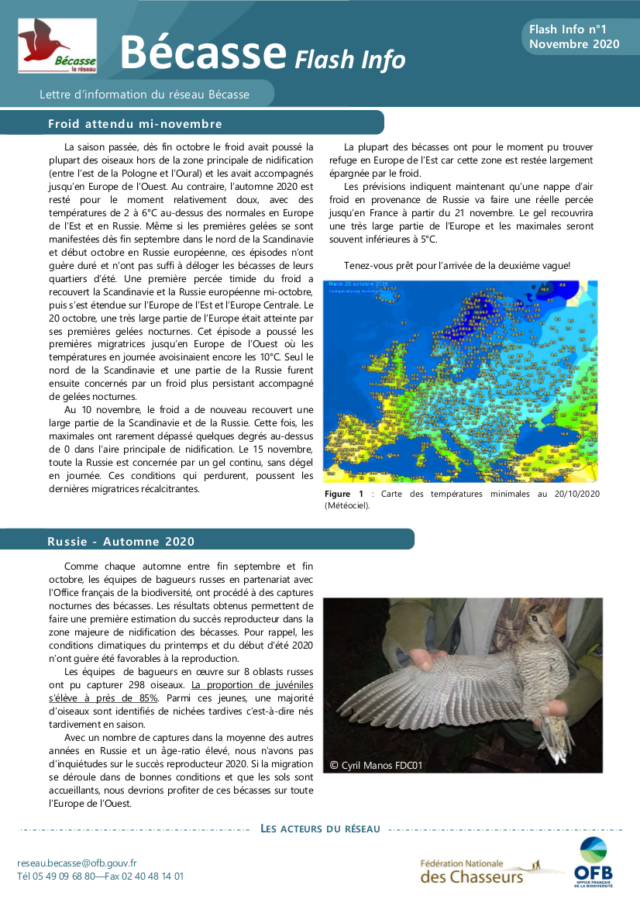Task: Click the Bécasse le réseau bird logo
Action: (57, 46)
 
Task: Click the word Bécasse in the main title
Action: (204, 53)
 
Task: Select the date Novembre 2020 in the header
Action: (574, 44)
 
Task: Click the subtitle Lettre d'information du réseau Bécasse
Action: (145, 95)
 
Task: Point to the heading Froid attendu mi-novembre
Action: (135, 124)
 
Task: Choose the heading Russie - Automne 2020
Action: (121, 541)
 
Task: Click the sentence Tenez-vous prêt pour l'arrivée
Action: (456, 266)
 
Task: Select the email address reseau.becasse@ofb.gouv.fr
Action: (77, 863)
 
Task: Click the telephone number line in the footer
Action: (101, 877)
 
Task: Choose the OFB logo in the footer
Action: (594, 861)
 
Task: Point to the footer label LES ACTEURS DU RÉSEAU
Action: (320, 828)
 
